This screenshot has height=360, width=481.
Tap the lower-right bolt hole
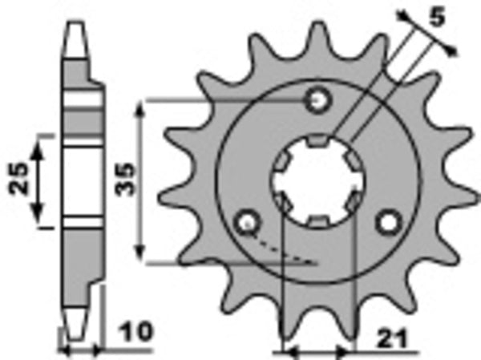tap(389, 220)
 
